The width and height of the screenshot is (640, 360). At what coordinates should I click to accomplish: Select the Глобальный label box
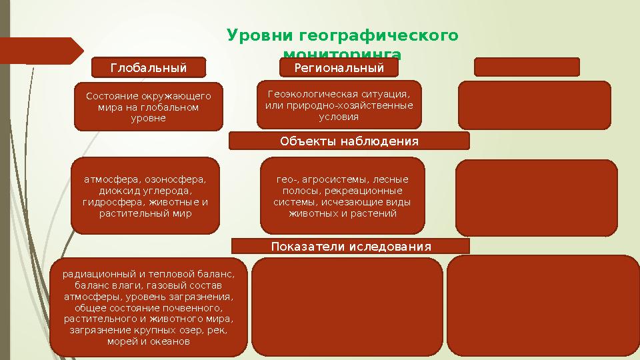pyautogui.click(x=148, y=68)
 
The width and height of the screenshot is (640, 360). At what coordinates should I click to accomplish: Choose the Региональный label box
pyautogui.click(x=339, y=68)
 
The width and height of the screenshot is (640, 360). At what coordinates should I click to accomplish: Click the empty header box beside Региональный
pyautogui.click(x=527, y=67)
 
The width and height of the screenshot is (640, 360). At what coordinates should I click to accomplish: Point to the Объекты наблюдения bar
pyautogui.click(x=349, y=141)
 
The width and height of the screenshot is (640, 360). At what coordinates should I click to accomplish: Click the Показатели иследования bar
pyautogui.click(x=351, y=247)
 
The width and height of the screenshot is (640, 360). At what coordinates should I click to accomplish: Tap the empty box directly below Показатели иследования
pyautogui.click(x=347, y=307)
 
